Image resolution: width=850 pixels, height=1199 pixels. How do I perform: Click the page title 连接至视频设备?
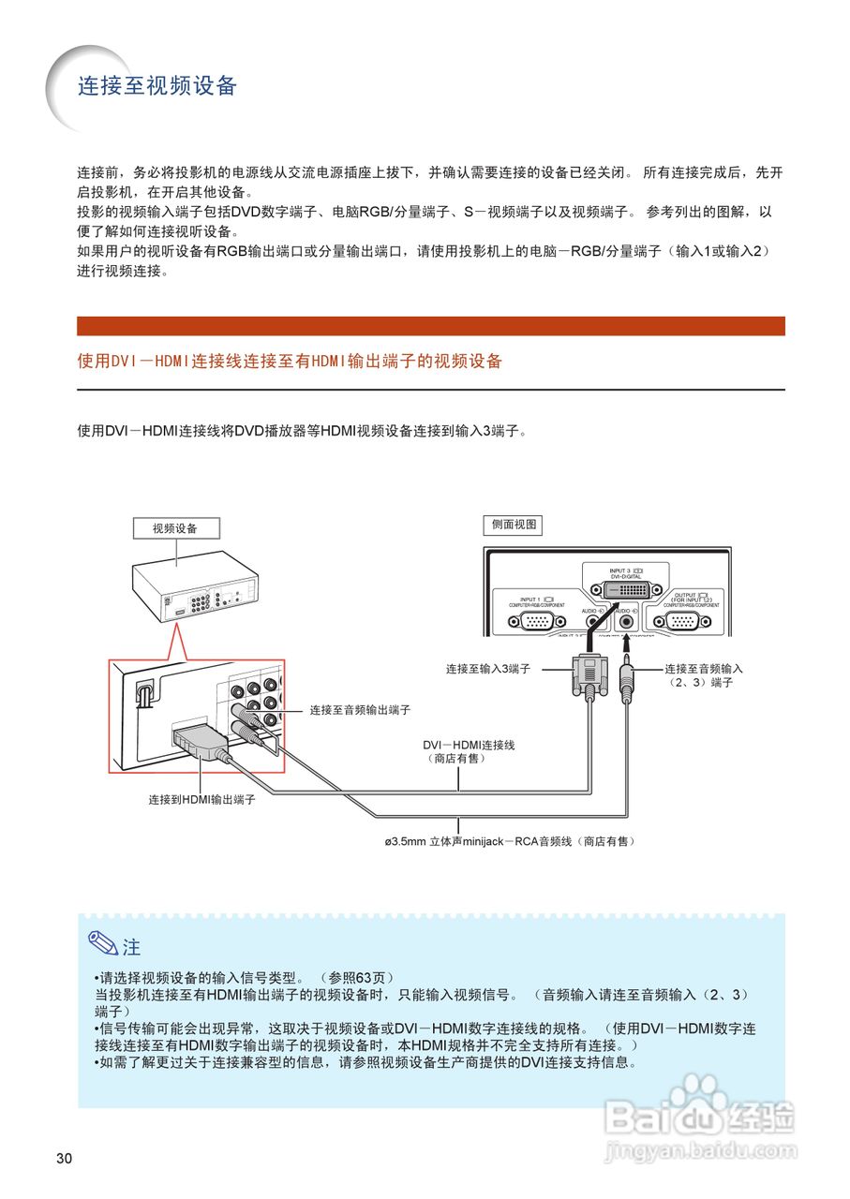click(157, 86)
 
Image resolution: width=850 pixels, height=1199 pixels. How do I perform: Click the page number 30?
click(64, 1159)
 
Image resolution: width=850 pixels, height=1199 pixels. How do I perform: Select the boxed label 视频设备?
click(175, 528)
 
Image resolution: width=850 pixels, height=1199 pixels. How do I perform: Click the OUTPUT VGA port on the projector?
click(691, 620)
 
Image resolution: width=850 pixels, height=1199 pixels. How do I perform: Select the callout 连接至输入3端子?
click(488, 669)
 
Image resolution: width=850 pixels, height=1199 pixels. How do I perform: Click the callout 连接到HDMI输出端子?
click(201, 800)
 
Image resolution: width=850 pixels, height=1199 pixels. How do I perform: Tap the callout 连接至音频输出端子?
click(360, 710)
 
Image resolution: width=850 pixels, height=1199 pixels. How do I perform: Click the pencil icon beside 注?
click(102, 944)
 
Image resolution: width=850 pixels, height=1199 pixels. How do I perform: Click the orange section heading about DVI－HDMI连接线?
click(290, 361)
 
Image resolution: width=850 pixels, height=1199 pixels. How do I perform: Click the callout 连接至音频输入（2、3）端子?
click(703, 675)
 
